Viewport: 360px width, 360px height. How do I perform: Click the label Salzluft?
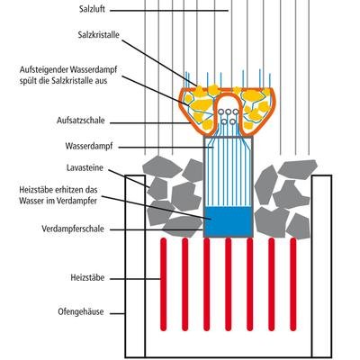(92, 9)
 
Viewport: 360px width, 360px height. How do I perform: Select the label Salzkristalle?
(98, 35)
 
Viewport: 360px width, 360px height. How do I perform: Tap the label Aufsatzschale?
(81, 121)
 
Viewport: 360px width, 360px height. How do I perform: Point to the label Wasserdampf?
(89, 147)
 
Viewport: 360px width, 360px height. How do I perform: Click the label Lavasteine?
(85, 168)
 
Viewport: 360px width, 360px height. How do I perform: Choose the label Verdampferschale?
(73, 229)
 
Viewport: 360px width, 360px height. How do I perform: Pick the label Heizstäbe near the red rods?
(87, 278)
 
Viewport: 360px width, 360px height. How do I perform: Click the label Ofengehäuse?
(81, 312)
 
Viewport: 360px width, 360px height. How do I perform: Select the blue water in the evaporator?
(228, 221)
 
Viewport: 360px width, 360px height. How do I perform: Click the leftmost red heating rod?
(163, 284)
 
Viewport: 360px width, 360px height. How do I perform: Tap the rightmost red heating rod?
(293, 284)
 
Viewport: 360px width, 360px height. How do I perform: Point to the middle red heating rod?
(229, 284)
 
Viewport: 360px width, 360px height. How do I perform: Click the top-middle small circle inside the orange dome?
(228, 112)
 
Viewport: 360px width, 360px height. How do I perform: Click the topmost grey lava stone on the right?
(298, 169)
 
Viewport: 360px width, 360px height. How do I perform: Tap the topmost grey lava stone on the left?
(162, 166)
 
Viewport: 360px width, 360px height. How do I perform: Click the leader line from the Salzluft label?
(169, 11)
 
